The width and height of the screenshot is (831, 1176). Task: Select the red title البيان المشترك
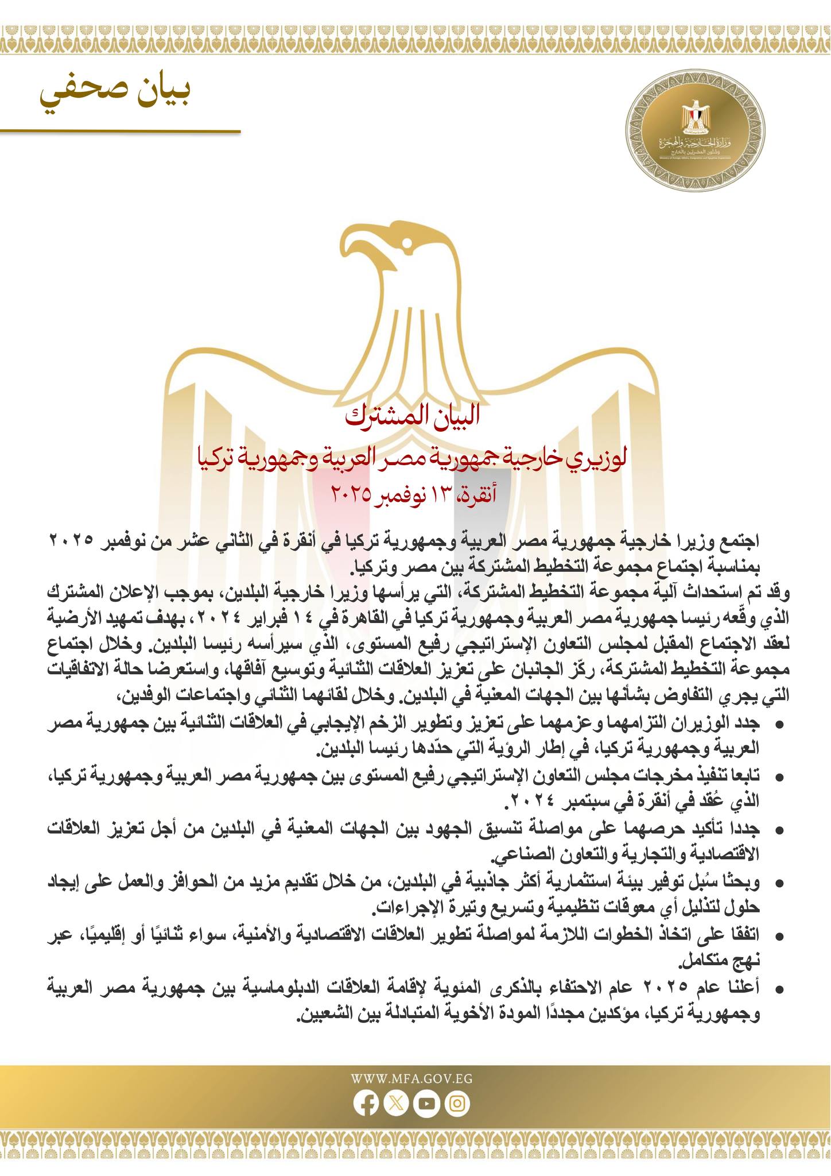tap(413, 418)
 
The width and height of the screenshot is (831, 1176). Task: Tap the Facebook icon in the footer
tap(365, 1104)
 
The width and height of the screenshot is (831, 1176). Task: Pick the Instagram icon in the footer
tap(457, 1104)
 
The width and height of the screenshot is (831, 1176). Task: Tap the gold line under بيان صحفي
tap(121, 131)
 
